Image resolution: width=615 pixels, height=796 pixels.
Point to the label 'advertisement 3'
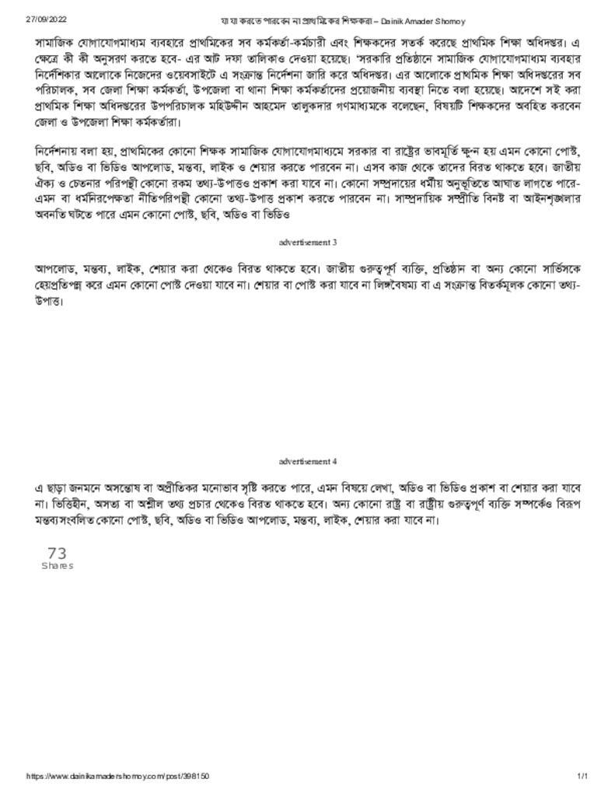(x=307, y=243)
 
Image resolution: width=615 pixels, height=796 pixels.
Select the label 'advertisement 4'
(x=307, y=461)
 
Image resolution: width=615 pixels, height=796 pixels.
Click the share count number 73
(x=57, y=553)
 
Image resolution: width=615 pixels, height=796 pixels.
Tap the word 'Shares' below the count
(x=57, y=566)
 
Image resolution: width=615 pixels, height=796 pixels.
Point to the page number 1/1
(x=582, y=776)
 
